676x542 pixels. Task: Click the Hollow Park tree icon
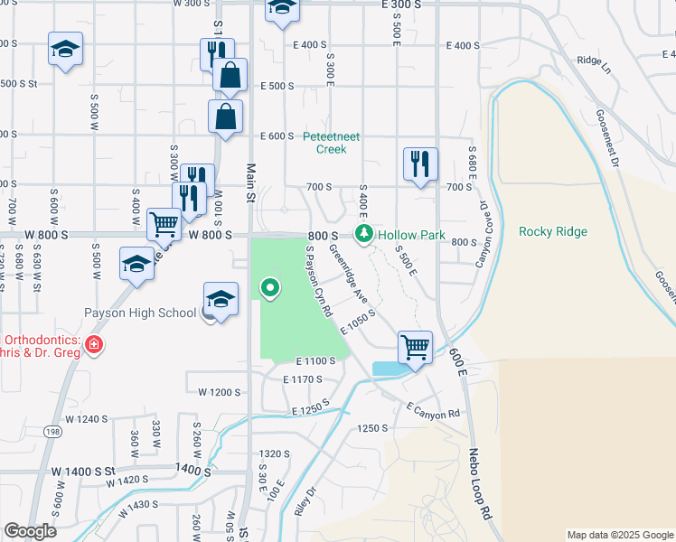pyautogui.click(x=364, y=235)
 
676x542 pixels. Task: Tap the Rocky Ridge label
pyautogui.click(x=553, y=232)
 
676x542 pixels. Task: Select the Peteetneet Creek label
pyautogui.click(x=331, y=143)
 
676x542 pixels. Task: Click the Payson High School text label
pyautogui.click(x=140, y=313)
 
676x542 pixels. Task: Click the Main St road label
pyautogui.click(x=250, y=178)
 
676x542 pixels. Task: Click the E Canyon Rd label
pyautogui.click(x=433, y=412)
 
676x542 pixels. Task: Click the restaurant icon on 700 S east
pyautogui.click(x=420, y=164)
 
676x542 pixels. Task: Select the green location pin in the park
pyautogui.click(x=269, y=289)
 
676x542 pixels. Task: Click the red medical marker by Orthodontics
pyautogui.click(x=93, y=344)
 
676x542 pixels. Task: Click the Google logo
pyautogui.click(x=30, y=531)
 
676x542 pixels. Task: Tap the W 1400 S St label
pyautogui.click(x=84, y=472)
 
